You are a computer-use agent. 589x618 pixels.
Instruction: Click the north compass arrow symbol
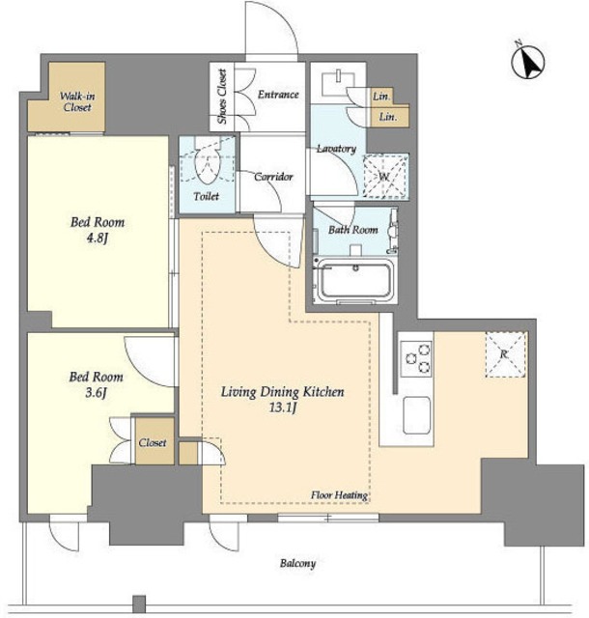point(528,61)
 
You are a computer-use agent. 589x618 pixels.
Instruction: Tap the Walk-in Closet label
point(77,101)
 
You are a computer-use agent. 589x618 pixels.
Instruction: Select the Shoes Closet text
point(222,97)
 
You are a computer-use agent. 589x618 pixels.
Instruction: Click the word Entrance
point(278,95)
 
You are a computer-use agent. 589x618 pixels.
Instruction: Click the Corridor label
point(273,177)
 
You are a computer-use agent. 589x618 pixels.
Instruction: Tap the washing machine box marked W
point(385,176)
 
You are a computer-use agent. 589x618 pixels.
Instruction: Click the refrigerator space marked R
point(505,354)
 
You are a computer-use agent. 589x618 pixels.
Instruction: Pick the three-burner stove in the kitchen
point(417,358)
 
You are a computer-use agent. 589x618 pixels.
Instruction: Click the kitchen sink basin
point(416,415)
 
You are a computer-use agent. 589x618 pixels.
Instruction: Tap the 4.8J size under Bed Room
point(97,239)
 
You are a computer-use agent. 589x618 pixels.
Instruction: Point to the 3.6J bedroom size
point(96,393)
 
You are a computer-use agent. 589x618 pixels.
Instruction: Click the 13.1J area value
point(282,407)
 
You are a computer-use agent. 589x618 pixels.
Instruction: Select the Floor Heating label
point(339,495)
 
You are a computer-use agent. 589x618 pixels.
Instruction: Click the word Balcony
point(297,564)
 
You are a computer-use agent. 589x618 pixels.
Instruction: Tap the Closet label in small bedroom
point(153,442)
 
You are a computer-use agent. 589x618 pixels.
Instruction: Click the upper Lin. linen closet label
point(381,96)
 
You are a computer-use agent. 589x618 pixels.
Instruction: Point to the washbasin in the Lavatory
point(338,81)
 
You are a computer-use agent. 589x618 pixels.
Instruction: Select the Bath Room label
point(353,230)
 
